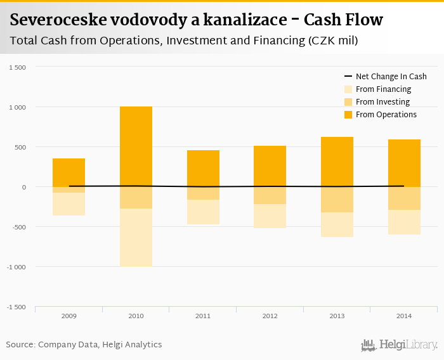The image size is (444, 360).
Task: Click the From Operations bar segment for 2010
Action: tap(136, 146)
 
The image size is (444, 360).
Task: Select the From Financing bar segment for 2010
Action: tap(136, 237)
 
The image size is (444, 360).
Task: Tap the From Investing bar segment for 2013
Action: tap(337, 200)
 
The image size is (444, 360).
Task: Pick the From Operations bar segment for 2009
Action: tap(69, 172)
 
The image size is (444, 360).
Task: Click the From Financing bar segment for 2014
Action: tap(404, 222)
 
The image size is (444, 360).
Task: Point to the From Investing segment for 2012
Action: tap(270, 195)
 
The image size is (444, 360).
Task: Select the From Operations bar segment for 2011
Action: tap(203, 169)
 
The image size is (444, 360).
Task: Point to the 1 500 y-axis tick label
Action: tap(17, 67)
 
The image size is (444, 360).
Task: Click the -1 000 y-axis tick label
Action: tap(16, 267)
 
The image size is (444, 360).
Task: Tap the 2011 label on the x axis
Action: tap(203, 316)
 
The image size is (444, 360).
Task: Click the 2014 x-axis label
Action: tap(404, 316)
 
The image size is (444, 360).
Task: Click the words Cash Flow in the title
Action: tap(343, 20)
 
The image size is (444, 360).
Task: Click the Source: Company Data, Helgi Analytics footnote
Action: tap(84, 345)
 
